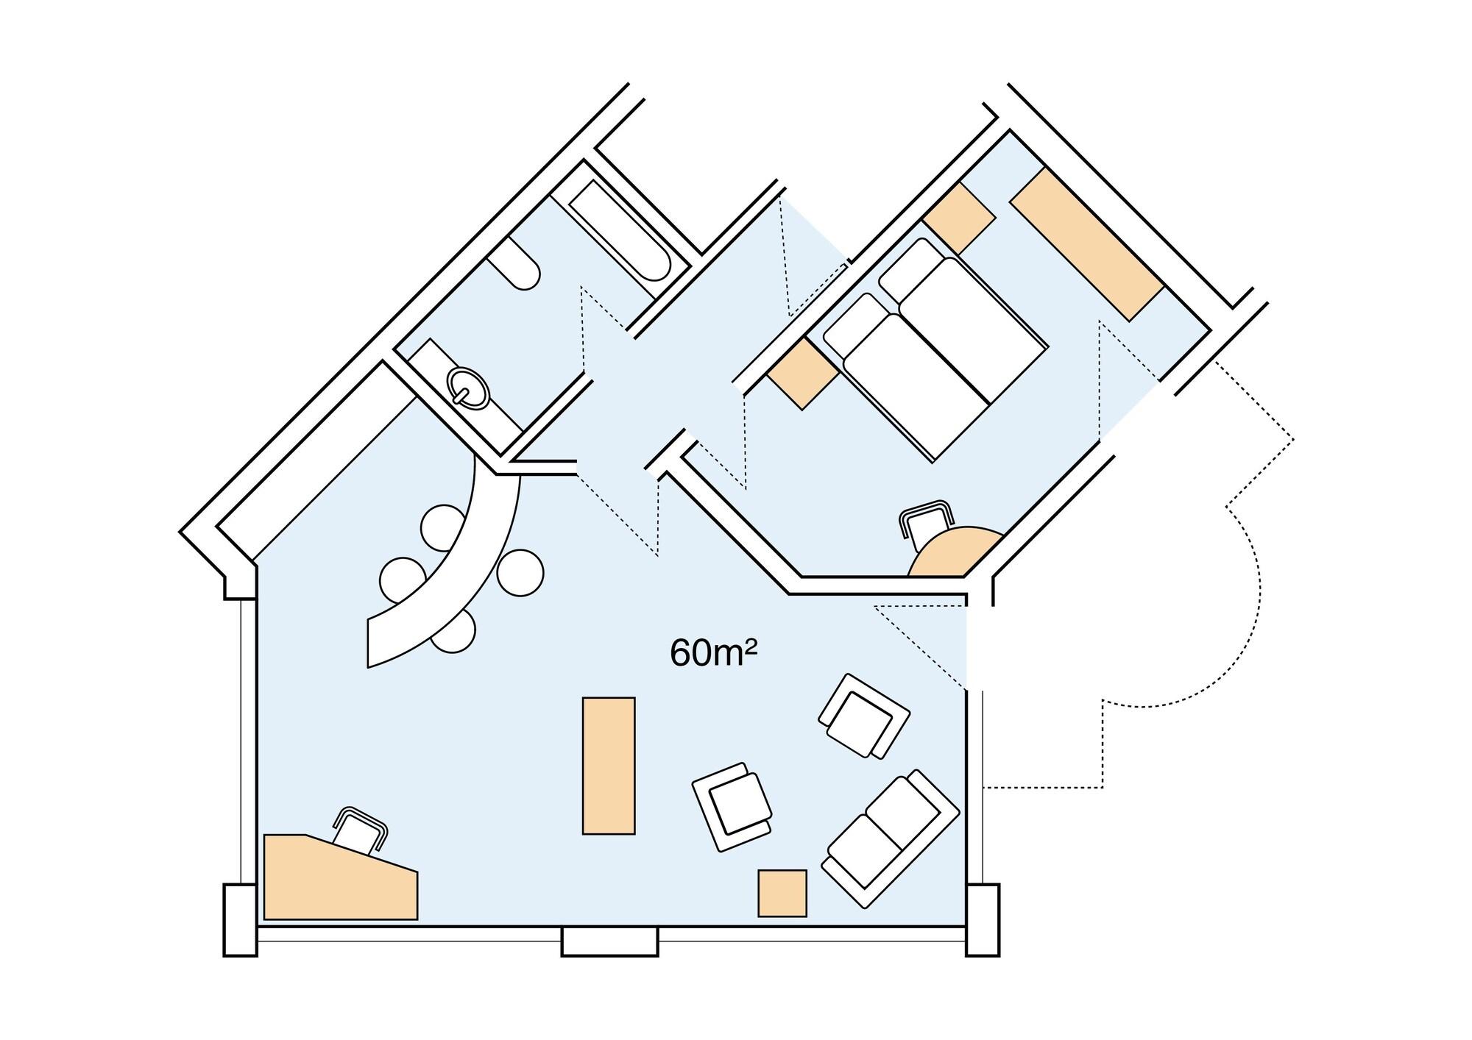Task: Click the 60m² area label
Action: click(x=713, y=653)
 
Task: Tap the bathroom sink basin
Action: click(x=467, y=386)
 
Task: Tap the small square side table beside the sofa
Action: click(x=782, y=893)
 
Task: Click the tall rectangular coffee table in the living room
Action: click(x=609, y=766)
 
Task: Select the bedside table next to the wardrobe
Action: click(x=959, y=218)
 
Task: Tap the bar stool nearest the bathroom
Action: click(x=443, y=527)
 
